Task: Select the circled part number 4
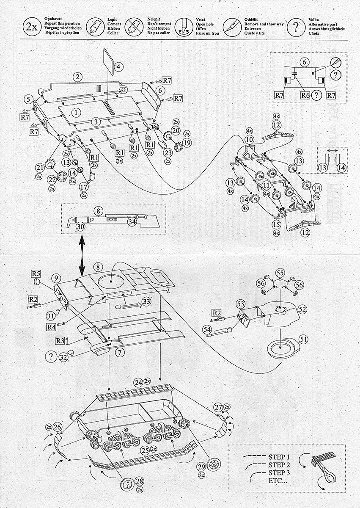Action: click(118, 66)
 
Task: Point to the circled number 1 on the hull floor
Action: click(76, 113)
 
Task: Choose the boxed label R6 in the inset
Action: click(305, 95)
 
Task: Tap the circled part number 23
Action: click(168, 153)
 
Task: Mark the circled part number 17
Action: click(83, 187)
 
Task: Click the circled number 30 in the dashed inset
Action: click(80, 227)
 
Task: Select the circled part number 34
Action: click(132, 221)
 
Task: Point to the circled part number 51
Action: click(304, 340)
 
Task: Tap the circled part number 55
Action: click(280, 273)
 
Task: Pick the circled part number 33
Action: click(146, 301)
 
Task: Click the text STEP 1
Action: click(279, 457)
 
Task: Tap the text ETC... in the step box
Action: click(278, 481)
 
